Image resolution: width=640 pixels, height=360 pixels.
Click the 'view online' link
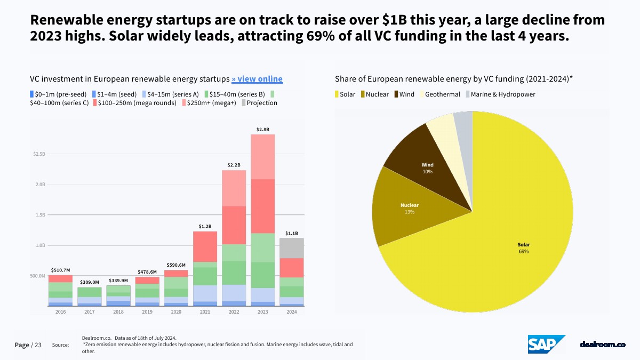click(257, 79)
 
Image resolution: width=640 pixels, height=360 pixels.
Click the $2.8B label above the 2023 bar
click(263, 130)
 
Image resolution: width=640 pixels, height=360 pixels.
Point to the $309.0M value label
click(90, 282)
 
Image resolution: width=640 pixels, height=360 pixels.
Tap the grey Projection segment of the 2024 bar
click(292, 248)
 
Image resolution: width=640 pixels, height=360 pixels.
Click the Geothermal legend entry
click(439, 94)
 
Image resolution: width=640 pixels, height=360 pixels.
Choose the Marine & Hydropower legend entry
click(500, 94)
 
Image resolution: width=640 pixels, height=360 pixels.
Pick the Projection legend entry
click(259, 103)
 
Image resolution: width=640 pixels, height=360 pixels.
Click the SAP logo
click(546, 345)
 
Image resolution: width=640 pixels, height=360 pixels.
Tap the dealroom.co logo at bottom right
click(602, 345)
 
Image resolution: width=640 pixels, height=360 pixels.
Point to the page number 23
click(38, 345)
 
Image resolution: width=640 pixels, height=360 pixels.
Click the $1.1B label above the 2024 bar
click(292, 233)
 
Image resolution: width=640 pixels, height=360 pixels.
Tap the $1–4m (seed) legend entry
click(116, 94)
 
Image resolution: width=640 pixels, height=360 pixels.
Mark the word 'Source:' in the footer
click(60, 345)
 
